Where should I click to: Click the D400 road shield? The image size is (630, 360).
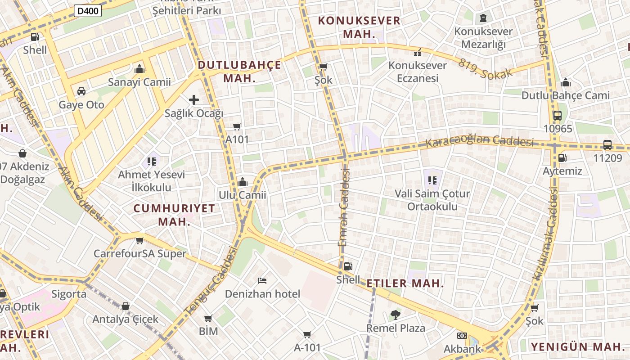(x=88, y=11)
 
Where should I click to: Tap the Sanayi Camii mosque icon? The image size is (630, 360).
(x=139, y=69)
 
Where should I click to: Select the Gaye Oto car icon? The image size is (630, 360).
(x=81, y=91)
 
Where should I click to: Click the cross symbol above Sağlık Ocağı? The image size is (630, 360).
(x=194, y=99)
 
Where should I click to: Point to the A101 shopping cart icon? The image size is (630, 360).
(x=237, y=126)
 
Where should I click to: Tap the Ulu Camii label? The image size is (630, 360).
(x=242, y=195)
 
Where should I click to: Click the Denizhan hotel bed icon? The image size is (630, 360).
(x=262, y=281)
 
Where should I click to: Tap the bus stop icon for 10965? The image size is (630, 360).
(x=558, y=115)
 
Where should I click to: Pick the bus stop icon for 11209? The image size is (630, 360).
(x=607, y=144)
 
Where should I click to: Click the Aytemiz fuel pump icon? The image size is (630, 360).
(x=562, y=158)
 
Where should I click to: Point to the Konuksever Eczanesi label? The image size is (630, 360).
(x=418, y=72)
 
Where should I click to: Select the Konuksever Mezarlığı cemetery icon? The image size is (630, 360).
(x=483, y=18)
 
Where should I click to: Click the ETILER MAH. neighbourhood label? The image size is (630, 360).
(x=405, y=283)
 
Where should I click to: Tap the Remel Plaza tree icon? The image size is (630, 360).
(x=396, y=315)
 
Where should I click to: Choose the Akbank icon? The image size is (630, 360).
(x=462, y=336)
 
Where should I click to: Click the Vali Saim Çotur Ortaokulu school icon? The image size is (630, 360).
(x=432, y=180)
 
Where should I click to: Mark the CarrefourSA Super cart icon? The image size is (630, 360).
(x=140, y=240)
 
